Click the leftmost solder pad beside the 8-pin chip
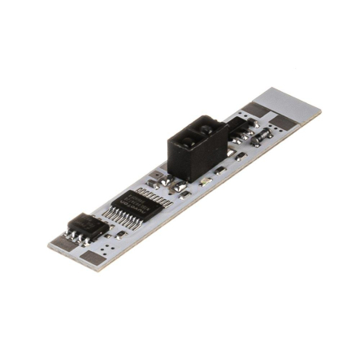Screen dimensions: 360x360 59,237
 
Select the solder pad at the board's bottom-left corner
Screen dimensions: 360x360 91,259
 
